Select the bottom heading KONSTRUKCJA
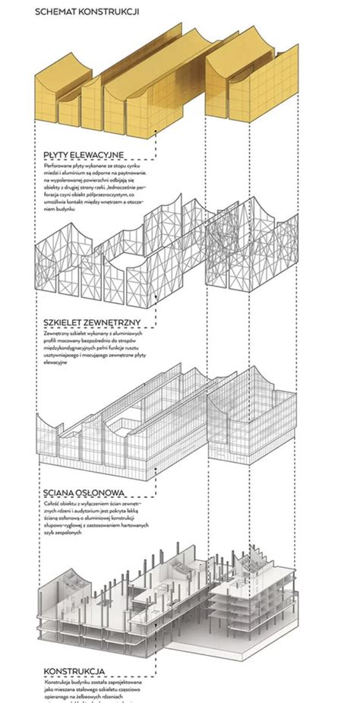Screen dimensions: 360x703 pos(74,671)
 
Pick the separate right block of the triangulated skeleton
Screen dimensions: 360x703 pos(251,251)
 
